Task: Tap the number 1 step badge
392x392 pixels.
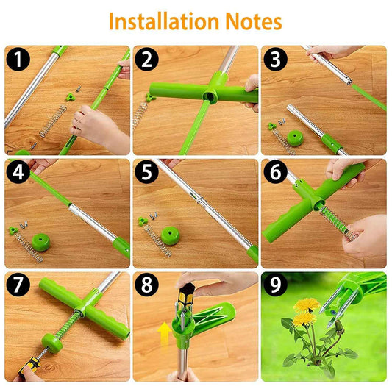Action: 17,58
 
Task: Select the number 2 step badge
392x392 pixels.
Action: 145,58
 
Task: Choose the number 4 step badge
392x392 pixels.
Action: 17,172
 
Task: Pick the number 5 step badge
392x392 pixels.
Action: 145,172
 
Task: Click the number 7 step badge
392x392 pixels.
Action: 17,285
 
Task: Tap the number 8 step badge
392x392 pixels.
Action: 145,285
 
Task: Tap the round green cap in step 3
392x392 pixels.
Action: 296,138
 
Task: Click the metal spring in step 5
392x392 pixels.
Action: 158,240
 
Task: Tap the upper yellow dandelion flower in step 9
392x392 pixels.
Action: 304,304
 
